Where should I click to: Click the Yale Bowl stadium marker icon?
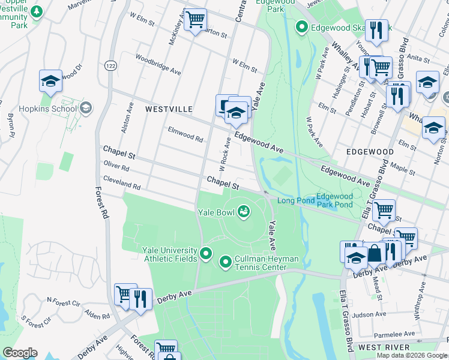click(x=244, y=211)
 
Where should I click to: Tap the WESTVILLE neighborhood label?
click(x=169, y=109)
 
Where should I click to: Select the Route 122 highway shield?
click(x=109, y=65)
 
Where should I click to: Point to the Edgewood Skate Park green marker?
click(x=301, y=27)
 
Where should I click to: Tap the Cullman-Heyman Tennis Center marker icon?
click(x=226, y=262)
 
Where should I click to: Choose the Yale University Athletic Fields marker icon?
click(x=206, y=254)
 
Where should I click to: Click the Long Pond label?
click(x=294, y=200)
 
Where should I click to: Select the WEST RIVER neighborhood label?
click(x=384, y=347)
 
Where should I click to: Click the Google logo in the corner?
click(x=20, y=353)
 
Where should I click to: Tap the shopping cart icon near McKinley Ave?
click(x=195, y=20)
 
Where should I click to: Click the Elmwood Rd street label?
click(x=185, y=134)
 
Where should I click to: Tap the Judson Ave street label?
click(x=369, y=314)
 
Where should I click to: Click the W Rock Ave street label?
click(x=224, y=152)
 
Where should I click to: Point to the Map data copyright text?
click(x=411, y=355)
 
